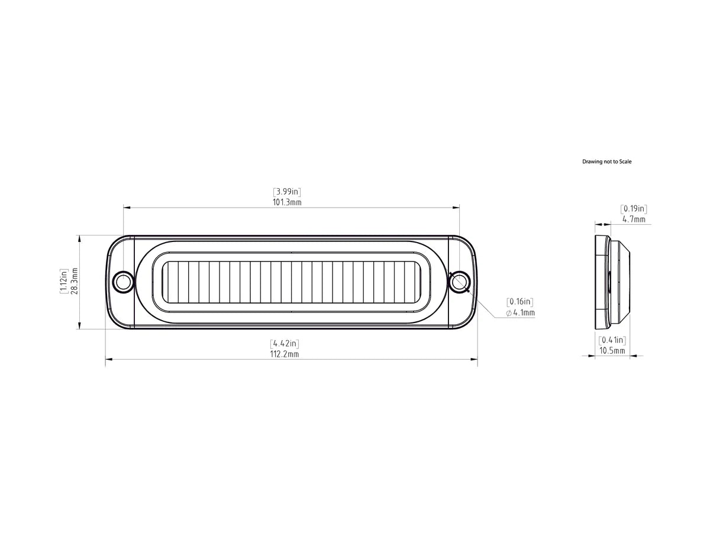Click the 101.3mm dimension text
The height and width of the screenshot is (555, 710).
(x=287, y=202)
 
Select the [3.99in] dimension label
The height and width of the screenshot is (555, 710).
(x=287, y=192)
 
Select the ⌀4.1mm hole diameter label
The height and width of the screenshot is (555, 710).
(x=521, y=312)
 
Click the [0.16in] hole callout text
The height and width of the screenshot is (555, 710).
(x=521, y=302)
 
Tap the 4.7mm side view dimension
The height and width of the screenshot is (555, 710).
(x=634, y=219)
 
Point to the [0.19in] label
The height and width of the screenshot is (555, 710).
(x=634, y=209)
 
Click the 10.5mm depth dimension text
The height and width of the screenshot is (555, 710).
(x=612, y=350)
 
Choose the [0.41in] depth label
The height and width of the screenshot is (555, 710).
(x=612, y=340)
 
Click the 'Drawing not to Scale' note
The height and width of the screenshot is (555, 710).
(x=606, y=162)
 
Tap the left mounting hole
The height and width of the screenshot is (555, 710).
(x=123, y=282)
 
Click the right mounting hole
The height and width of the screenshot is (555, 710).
(x=459, y=282)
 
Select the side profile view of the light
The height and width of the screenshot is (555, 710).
(x=611, y=282)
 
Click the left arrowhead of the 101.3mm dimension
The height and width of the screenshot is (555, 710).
(x=126, y=207)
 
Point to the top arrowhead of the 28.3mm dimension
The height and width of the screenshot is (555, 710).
(x=79, y=238)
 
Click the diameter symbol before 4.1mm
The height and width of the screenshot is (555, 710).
(x=509, y=313)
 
